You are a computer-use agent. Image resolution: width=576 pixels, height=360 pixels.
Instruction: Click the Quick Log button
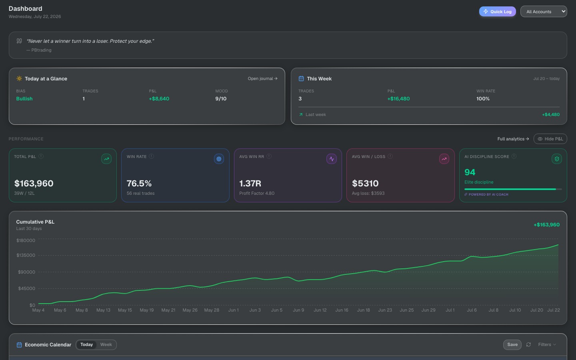point(497,12)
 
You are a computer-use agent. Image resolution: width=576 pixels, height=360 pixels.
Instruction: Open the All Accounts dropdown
point(544,12)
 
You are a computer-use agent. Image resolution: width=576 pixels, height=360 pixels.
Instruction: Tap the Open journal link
point(262,78)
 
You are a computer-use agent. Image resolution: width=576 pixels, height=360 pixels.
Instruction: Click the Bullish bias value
point(24,99)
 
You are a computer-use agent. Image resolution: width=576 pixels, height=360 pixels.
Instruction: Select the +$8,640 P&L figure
point(159,99)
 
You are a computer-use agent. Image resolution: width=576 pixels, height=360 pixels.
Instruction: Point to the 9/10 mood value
point(221,99)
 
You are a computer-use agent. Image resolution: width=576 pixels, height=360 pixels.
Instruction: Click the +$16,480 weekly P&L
point(398,99)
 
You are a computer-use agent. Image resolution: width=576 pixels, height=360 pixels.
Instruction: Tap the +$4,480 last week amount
point(551,114)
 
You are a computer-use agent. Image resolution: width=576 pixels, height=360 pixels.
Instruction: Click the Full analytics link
point(513,139)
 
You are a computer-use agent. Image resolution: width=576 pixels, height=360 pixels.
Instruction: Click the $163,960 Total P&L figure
point(34,183)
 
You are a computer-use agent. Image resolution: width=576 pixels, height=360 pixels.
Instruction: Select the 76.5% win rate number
point(139,183)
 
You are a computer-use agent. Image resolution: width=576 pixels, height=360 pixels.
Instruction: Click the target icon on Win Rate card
point(219,159)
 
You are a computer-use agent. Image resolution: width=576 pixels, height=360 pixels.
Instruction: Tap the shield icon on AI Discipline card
point(557,159)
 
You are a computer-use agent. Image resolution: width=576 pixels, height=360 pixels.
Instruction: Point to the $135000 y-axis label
point(26,255)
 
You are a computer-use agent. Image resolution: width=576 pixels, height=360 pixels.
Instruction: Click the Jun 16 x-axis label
point(342,310)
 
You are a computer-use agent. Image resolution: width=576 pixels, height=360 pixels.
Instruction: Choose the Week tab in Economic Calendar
point(106,344)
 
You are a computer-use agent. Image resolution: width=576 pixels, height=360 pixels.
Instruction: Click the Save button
point(512,344)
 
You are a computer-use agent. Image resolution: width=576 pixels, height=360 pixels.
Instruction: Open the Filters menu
point(547,344)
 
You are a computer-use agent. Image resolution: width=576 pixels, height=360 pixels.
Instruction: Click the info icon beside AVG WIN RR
point(269,156)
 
